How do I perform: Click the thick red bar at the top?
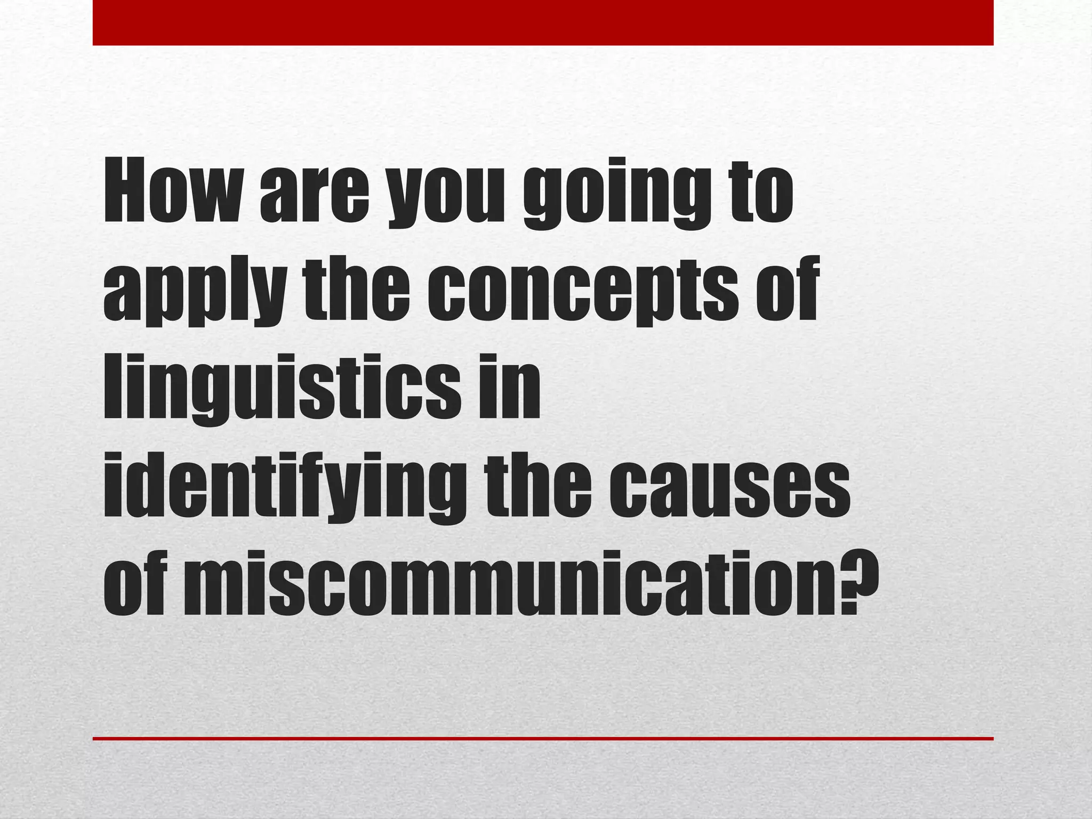[x=543, y=22]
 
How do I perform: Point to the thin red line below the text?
[x=543, y=738]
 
